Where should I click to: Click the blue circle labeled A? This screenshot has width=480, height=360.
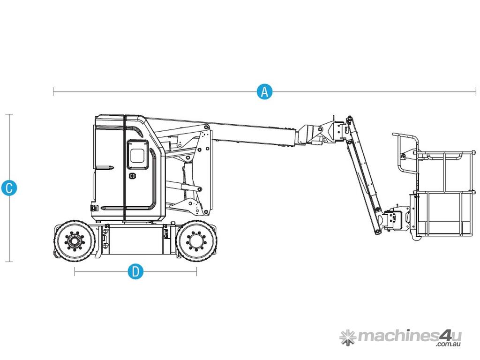coord(264,91)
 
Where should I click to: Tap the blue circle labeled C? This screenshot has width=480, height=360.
coord(9,187)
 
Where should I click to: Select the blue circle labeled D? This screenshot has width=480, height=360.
coord(135,271)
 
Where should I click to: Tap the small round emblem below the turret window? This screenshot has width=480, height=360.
coord(133,176)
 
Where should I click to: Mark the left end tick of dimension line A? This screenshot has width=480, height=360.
coord(53,91)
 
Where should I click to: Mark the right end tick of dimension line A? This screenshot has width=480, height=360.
coord(476,91)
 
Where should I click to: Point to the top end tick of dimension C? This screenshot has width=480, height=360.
coord(9,114)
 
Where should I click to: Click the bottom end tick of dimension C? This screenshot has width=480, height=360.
coord(9,262)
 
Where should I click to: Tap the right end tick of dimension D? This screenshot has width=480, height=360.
coord(196,271)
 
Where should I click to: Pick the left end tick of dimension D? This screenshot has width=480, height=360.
coord(75,271)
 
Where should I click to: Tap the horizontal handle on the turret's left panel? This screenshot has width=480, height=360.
coord(104,167)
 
